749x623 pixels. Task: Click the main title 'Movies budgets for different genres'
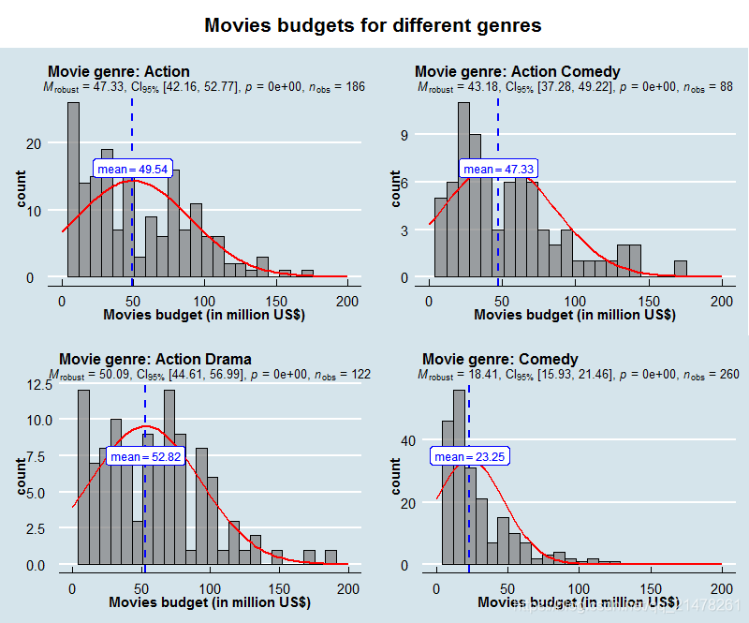pyautogui.click(x=373, y=25)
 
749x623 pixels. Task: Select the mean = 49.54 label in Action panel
pyautogui.click(x=133, y=169)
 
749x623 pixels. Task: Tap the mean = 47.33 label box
pyautogui.click(x=498, y=169)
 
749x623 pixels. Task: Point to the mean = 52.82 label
pyautogui.click(x=145, y=456)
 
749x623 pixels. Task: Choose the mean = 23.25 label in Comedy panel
pyautogui.click(x=469, y=456)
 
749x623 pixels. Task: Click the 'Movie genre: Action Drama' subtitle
pyautogui.click(x=154, y=359)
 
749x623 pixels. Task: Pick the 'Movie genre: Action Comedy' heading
pyautogui.click(x=517, y=72)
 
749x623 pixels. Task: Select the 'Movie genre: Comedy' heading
pyautogui.click(x=500, y=359)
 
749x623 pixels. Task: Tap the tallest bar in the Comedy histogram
pyautogui.click(x=459, y=478)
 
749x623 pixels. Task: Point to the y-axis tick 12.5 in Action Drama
pyautogui.click(x=38, y=384)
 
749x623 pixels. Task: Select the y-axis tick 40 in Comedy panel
pyautogui.click(x=406, y=440)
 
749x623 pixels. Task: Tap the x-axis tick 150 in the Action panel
pyautogui.click(x=276, y=301)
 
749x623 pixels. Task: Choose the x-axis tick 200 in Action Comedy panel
pyautogui.click(x=721, y=301)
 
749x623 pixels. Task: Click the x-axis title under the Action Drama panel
pyautogui.click(x=207, y=602)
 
